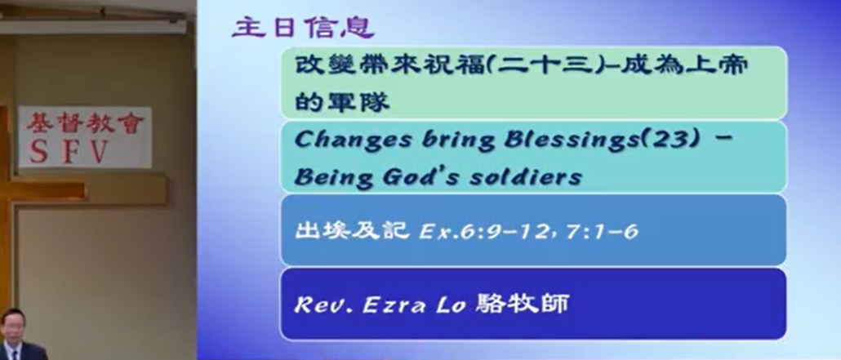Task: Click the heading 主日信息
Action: pyautogui.click(x=303, y=28)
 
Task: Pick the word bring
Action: pyautogui.click(x=457, y=141)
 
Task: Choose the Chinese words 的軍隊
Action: pyautogui.click(x=341, y=101)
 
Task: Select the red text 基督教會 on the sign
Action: pyautogui.click(x=86, y=123)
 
